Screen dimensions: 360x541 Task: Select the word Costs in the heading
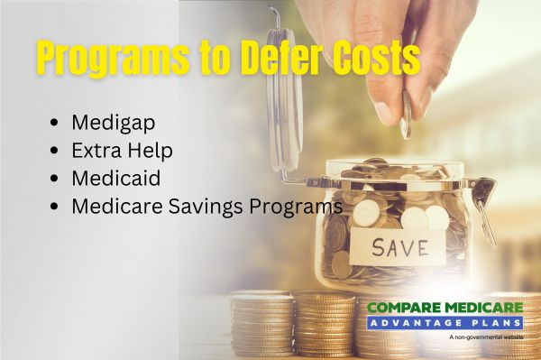coord(379,60)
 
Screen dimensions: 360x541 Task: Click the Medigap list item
coord(107,122)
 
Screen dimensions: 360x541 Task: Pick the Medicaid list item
coord(111,178)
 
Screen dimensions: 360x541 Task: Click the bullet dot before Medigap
coord(59,122)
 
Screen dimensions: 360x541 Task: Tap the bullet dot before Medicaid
coord(59,178)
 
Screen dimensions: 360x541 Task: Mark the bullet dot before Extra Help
coord(59,150)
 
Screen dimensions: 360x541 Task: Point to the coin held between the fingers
coord(406,115)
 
